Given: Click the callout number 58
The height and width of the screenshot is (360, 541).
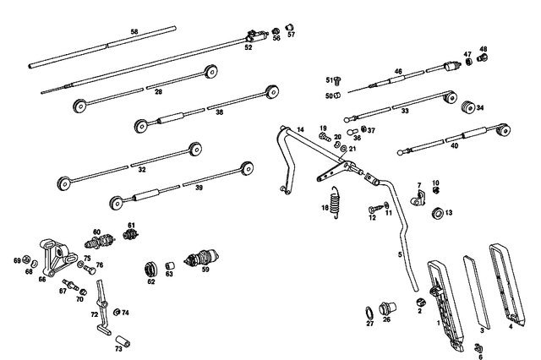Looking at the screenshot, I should pos(134,32).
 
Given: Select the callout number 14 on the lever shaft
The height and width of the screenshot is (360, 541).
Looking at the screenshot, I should pos(299,129).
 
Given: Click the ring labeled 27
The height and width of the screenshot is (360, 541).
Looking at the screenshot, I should pos(369,311).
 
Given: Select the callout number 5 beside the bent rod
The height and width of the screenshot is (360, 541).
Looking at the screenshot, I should pos(401,254).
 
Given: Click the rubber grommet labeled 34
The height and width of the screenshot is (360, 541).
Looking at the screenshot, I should pos(465,106).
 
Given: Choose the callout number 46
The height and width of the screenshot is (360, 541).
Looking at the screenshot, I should pos(398,72).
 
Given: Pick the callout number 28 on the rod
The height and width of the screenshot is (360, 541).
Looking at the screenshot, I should pos(157,92).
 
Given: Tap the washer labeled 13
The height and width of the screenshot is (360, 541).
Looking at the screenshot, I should pos(436,213).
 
